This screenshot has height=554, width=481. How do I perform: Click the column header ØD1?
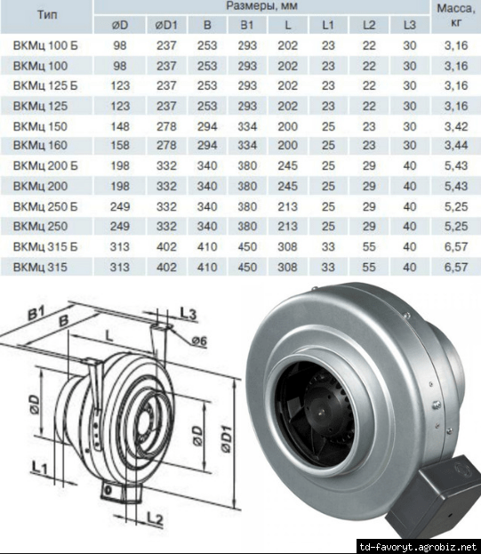166,25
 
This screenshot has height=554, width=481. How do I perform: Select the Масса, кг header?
456,15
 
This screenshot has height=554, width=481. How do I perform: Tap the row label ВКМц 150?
40,126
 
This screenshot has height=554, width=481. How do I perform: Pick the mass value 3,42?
456,126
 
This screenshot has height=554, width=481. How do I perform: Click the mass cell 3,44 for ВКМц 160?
456,145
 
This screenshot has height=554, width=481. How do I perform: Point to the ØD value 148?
120,126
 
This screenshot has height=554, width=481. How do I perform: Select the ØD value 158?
120,145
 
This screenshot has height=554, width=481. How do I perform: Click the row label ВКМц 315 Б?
45,246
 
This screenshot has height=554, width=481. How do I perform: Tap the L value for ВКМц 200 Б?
287,165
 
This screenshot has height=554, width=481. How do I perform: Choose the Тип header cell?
47,15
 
